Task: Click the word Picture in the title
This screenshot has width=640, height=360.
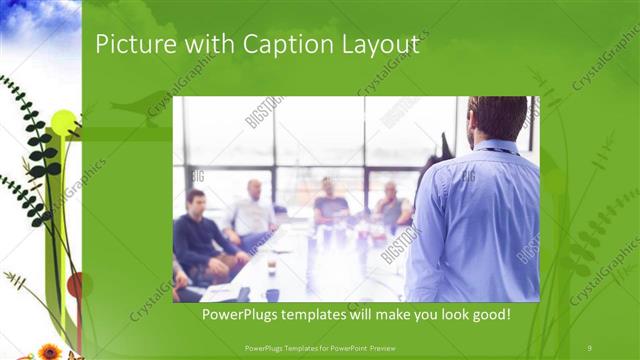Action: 128,45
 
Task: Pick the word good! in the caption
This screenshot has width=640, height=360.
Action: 490,315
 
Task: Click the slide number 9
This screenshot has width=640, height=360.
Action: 590,347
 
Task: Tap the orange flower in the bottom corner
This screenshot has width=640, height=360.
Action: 49,351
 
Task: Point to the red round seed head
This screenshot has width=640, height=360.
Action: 74,286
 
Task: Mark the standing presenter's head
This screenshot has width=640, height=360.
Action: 497,118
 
